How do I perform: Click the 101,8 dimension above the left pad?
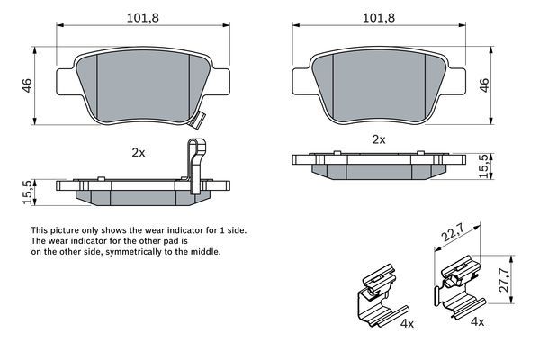click(x=137, y=15)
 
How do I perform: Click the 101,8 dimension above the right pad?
click(x=378, y=15)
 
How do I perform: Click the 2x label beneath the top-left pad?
click(x=138, y=153)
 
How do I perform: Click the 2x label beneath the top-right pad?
click(x=378, y=139)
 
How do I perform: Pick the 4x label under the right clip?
click(x=478, y=322)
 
